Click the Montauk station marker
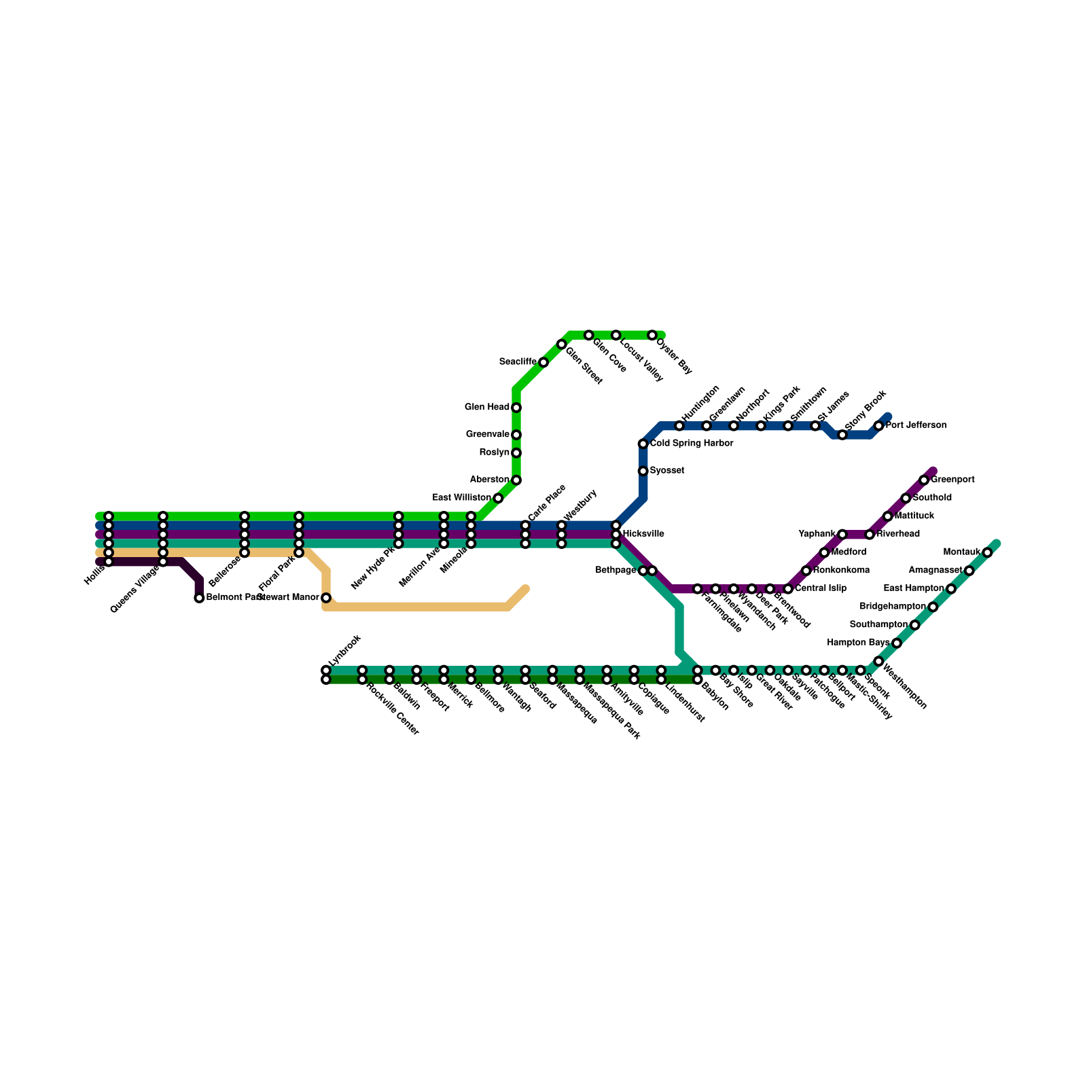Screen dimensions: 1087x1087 pyautogui.click(x=987, y=553)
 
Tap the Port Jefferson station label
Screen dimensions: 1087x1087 pyautogui.click(x=916, y=426)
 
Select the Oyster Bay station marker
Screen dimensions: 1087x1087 pyautogui.click(x=652, y=336)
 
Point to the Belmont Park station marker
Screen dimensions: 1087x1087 pyautogui.click(x=199, y=598)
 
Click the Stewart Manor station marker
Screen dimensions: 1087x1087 pyautogui.click(x=326, y=598)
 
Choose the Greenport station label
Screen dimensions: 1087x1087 pyautogui.click(x=952, y=480)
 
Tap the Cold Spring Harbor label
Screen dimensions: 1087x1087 pyautogui.click(x=691, y=444)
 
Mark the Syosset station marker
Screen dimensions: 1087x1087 pyautogui.click(x=643, y=471)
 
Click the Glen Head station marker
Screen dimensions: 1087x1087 pyautogui.click(x=516, y=408)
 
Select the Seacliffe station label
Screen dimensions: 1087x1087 pyautogui.click(x=518, y=362)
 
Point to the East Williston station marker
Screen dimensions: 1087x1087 pyautogui.click(x=498, y=499)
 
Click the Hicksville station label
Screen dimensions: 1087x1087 pyautogui.click(x=643, y=535)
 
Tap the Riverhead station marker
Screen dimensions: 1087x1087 pyautogui.click(x=870, y=535)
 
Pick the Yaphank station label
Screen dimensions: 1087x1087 pyautogui.click(x=817, y=535)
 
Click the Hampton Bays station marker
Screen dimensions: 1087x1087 pyautogui.click(x=897, y=643)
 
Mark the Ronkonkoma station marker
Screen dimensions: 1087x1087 pyautogui.click(x=806, y=571)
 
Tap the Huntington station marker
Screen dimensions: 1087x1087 pyautogui.click(x=679, y=426)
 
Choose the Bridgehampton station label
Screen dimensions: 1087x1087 pyautogui.click(x=893, y=607)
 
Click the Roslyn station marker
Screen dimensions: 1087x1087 pyautogui.click(x=516, y=453)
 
